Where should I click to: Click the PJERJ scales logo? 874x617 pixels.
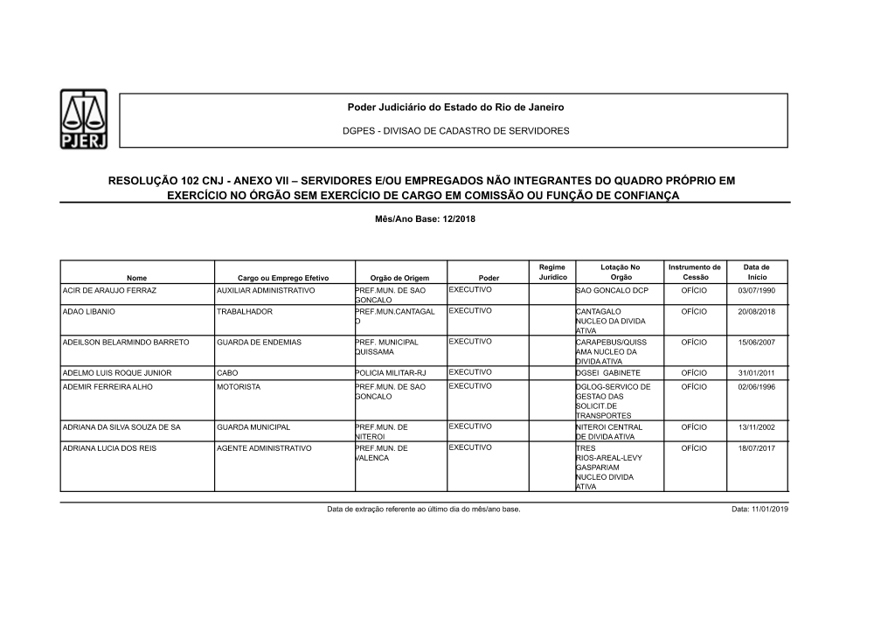[x=83, y=121]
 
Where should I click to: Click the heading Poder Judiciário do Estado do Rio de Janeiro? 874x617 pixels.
[x=456, y=107]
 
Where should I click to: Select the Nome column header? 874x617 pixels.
[x=137, y=277]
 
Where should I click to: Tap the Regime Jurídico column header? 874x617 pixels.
[x=552, y=272]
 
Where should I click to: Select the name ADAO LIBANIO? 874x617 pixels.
[x=88, y=311]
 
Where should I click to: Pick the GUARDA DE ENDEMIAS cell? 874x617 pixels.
[x=259, y=343]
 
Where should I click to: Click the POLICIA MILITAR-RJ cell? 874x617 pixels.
[x=390, y=373]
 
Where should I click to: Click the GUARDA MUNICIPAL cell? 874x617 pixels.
[x=253, y=427]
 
